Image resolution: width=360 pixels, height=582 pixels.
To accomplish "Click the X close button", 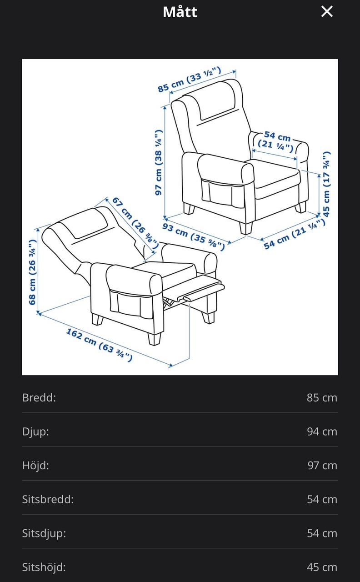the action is coord(327,12).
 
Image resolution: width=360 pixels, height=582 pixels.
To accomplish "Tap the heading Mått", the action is coord(180,12).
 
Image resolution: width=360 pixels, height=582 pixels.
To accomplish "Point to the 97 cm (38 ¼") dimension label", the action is coord(159,162).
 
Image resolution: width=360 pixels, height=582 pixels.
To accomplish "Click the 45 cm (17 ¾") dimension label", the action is coord(326,184).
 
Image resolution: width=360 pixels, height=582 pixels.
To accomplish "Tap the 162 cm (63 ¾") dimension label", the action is coord(99,345).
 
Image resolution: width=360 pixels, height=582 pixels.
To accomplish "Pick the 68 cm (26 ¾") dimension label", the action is coord(32,272).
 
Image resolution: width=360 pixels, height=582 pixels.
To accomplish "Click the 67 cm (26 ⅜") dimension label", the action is coord(135,223).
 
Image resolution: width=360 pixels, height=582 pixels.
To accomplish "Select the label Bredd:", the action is coord(39,397).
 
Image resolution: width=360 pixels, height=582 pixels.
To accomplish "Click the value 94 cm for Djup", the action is coord(322,431).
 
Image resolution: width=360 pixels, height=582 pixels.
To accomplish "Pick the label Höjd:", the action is coord(35,465).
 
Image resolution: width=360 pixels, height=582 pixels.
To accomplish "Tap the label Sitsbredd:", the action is coord(48,499).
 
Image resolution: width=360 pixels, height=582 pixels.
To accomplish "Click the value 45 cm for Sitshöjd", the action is coord(322,567).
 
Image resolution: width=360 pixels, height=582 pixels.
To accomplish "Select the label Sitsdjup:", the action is coord(44,533).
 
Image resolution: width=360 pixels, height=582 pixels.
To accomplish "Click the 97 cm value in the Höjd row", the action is coord(322,465).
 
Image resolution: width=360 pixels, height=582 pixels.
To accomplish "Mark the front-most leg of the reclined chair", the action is coord(155,339).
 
